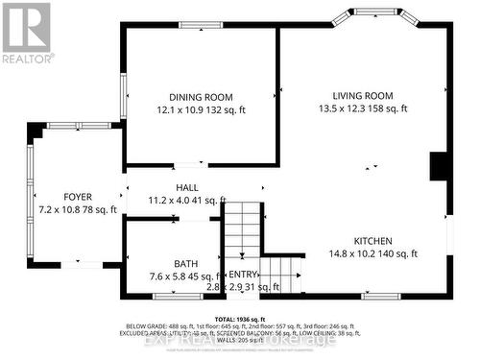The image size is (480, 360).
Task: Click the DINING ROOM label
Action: click(x=201, y=96)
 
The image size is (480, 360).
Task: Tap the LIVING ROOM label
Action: click(x=364, y=95)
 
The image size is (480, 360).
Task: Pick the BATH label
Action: click(x=185, y=264)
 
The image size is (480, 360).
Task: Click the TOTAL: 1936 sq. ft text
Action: click(x=239, y=319)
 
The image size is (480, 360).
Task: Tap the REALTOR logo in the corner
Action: click(x=27, y=32)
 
